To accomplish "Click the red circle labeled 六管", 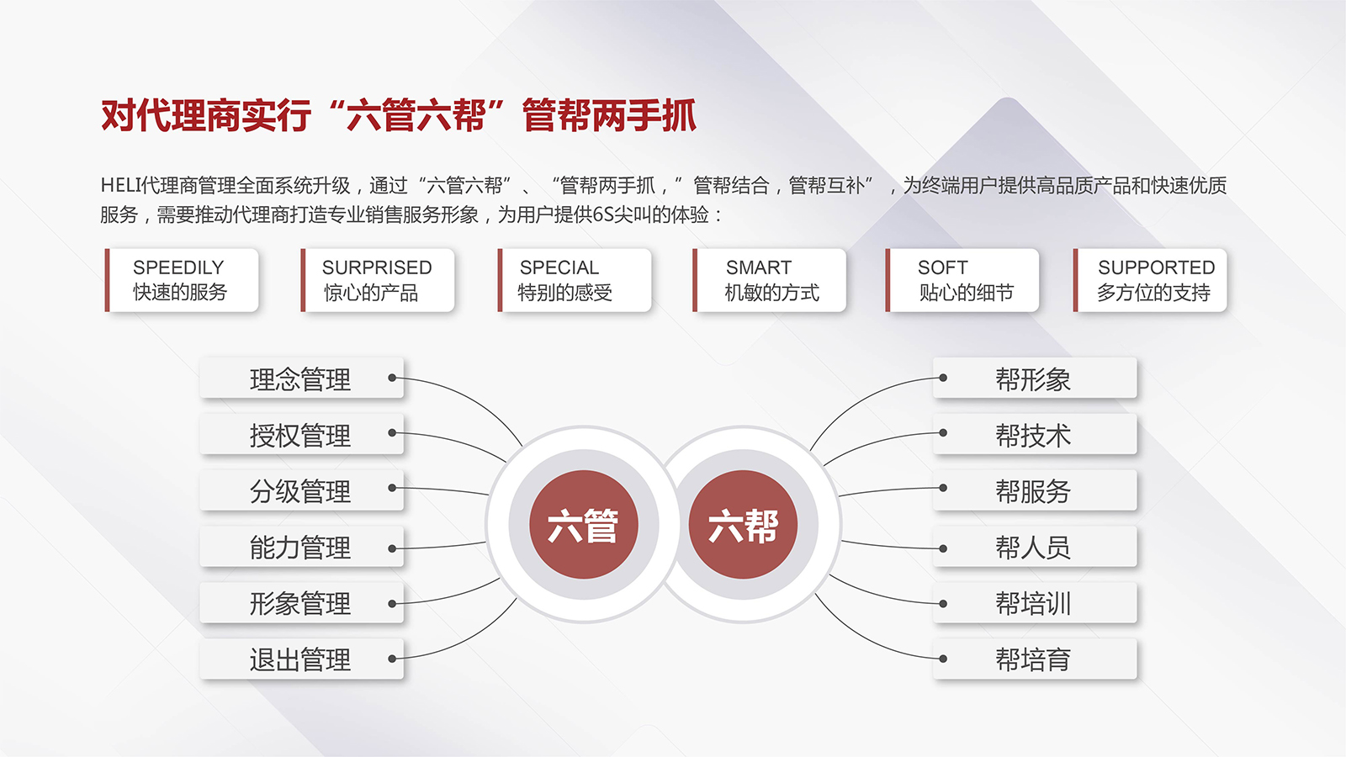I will [583, 525].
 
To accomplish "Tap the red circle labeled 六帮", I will [743, 525].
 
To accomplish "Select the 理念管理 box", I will [301, 378].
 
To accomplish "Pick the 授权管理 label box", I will [301, 435].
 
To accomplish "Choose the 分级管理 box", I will [301, 490].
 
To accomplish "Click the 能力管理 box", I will [301, 547].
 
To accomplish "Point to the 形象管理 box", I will [301, 603].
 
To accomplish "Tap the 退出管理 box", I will [301, 659].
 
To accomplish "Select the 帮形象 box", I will [1035, 378].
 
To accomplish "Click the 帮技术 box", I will [1035, 435].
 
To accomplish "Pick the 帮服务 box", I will [1035, 490].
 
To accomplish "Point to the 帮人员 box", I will [1035, 547].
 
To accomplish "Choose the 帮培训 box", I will [1035, 603].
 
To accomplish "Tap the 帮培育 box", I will [1035, 659].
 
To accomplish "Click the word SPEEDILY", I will [178, 267].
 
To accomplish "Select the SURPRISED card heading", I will [377, 267].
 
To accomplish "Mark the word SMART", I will [759, 267].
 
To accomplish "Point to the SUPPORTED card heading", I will [1156, 267].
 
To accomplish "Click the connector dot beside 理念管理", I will [392, 378].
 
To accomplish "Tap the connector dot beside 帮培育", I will [943, 659].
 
